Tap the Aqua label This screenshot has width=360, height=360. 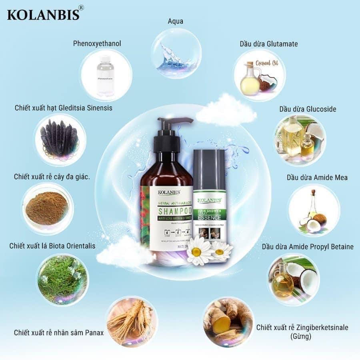pyautogui.click(x=175, y=21)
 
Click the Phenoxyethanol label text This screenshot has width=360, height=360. pyautogui.click(x=97, y=43)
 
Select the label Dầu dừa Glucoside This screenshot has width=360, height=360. pyautogui.click(x=307, y=109)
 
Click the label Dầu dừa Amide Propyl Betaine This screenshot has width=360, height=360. pyautogui.click(x=308, y=246)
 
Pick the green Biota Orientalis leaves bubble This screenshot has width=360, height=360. pyautogui.click(x=62, y=276)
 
